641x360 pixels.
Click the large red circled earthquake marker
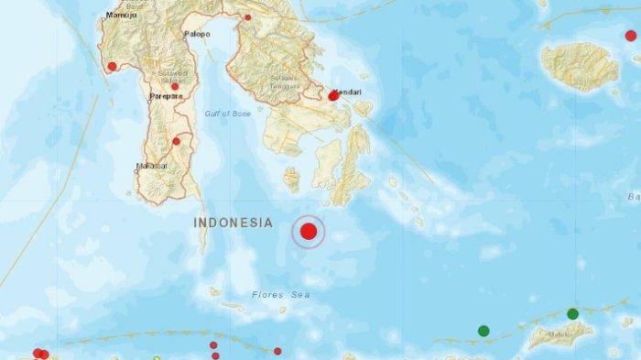[x=309, y=233]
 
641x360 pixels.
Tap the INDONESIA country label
[x=234, y=223]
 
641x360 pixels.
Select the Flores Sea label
[x=280, y=295]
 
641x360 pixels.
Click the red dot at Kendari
[x=332, y=95]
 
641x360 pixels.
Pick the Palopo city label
[x=197, y=34]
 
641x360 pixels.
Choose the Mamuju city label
[x=118, y=16]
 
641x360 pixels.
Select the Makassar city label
[x=150, y=166]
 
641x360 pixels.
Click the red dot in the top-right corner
[x=631, y=36]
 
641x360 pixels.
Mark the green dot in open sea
[x=483, y=331]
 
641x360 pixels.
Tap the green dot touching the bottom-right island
[x=572, y=314]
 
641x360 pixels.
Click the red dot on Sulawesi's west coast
[x=112, y=66]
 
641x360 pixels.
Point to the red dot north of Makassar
[x=176, y=141]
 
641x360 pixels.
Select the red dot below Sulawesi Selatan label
[x=175, y=86]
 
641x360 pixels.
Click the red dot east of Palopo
[x=247, y=17]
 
